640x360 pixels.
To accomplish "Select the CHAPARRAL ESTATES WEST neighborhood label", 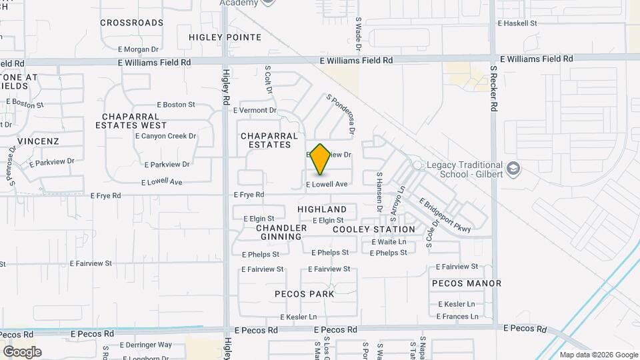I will click(131, 120).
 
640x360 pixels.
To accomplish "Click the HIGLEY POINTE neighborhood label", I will click(225, 37).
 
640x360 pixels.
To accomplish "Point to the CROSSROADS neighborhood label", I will click(131, 23).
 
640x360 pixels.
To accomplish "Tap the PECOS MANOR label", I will click(467, 283).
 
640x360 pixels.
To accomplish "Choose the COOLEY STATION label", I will click(374, 229).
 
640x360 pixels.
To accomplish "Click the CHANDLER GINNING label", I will click(281, 232).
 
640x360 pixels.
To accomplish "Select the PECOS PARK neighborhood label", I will click(304, 293).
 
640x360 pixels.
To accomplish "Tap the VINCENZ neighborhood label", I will click(38, 141).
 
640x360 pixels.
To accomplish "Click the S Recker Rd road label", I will click(494, 87).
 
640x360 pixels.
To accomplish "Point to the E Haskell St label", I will click(517, 23).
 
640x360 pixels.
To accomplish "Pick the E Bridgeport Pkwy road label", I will click(445, 215).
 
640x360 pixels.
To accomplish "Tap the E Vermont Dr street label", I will click(254, 110).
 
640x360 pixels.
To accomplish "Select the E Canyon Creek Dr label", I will click(165, 136).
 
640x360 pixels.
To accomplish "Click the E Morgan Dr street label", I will click(138, 49).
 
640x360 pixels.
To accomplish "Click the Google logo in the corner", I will click(22, 352).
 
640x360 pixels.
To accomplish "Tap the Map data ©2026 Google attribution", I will click(598, 355).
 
